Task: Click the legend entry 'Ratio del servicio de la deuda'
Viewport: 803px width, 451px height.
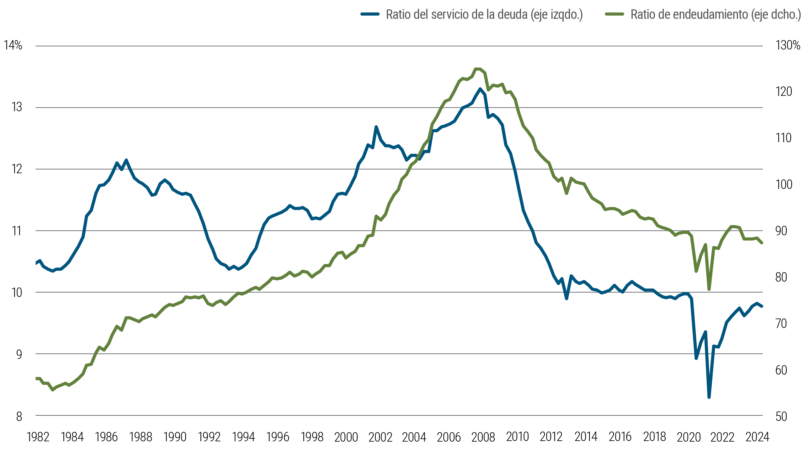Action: coord(484,14)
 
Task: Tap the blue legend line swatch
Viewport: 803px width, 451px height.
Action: coord(370,14)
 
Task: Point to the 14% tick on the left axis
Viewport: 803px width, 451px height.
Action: coord(13,46)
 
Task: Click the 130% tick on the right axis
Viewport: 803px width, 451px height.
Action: coord(788,46)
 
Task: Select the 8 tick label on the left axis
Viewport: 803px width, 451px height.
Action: coord(19,417)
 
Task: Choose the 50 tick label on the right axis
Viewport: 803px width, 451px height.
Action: coord(781,417)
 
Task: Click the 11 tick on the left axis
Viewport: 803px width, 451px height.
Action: coord(17,231)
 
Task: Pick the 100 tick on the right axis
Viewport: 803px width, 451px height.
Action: coord(784,184)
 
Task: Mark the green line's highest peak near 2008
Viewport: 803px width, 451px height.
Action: coord(477,69)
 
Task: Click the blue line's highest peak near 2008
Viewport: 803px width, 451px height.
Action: coord(480,89)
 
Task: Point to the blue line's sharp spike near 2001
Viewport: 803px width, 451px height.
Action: coord(376,127)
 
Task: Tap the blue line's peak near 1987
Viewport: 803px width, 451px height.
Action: coord(126,160)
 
